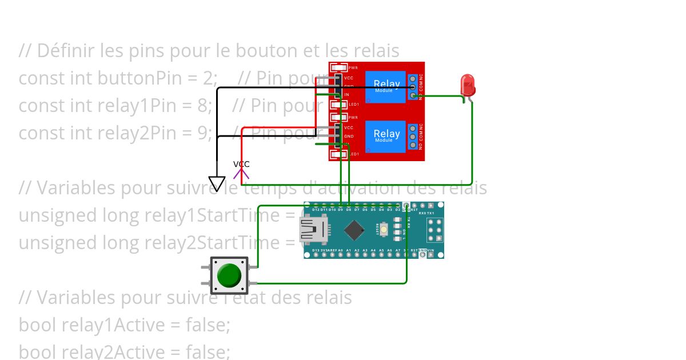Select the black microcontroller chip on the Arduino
coord(354,230)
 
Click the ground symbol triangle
coord(217,183)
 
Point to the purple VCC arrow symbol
coord(241,173)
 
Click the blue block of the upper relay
coord(385,87)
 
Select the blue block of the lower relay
coord(385,136)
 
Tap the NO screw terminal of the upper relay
coord(413,96)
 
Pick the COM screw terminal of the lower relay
coord(413,137)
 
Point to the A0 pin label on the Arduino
coord(340,250)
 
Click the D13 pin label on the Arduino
coord(316,250)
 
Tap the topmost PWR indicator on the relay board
coord(340,68)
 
